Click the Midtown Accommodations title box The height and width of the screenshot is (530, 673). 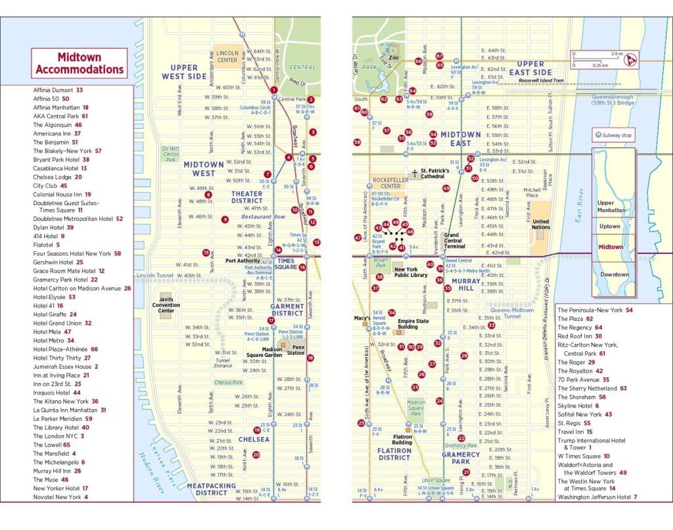click(x=79, y=63)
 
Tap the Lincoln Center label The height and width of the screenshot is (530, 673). click(x=227, y=56)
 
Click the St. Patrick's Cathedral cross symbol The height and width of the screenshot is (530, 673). click(x=415, y=174)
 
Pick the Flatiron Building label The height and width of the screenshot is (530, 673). click(x=402, y=440)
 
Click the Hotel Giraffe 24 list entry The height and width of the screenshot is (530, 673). click(x=59, y=314)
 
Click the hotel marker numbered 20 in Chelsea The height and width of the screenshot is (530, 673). click(x=256, y=454)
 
